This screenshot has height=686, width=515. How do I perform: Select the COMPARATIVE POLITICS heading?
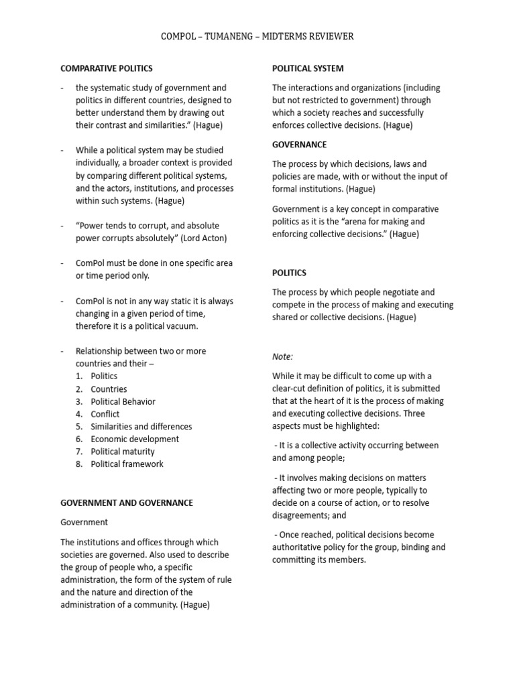(107, 68)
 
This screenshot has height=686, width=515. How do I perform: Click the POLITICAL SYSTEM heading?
(308, 68)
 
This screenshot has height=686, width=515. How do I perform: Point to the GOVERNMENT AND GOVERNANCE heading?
(127, 502)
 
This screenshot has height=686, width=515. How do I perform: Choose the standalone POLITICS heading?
(289, 273)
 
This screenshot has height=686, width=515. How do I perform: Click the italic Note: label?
(282, 356)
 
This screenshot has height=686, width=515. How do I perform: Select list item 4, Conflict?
(105, 414)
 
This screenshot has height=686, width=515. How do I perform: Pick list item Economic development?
(135, 439)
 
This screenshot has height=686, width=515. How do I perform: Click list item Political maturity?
(126, 452)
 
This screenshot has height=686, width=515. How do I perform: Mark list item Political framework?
(127, 464)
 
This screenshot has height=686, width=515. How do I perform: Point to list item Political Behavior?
(123, 401)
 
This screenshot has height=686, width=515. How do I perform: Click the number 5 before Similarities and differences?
(78, 427)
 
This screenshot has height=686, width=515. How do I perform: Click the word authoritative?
(299, 547)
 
